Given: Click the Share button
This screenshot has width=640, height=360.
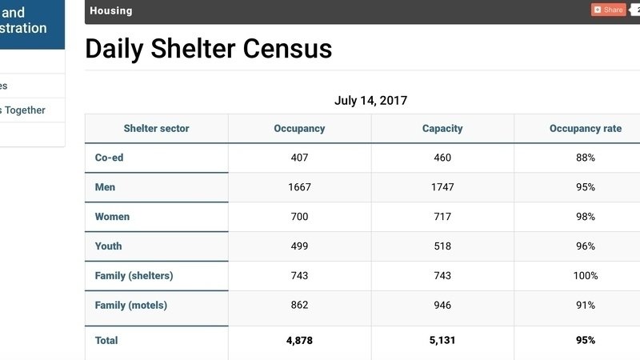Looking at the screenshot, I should pos(608,10).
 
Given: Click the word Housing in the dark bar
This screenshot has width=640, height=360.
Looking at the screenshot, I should pos(111,10).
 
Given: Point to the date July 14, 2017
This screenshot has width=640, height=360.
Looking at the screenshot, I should pos(370,101).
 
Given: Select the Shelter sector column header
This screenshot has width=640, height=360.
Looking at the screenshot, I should pos(156,128).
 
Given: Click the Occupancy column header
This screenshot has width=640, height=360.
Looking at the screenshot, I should pos(299,128).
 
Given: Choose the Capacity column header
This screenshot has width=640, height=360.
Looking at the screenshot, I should pos(442,128).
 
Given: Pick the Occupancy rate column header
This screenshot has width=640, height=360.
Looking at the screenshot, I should pos(585,128).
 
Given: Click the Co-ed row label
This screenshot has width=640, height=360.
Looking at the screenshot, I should pos(109,158).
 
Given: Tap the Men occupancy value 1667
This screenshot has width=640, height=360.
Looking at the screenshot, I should pos(299,187).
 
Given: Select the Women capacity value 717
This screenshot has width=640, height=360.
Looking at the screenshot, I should pos(442,217).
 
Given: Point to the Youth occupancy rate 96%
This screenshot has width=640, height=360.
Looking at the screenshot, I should pos(585,246).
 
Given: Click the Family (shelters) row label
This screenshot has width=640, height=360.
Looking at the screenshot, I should pos(134,276).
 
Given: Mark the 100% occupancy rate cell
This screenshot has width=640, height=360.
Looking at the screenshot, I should pos(585,276).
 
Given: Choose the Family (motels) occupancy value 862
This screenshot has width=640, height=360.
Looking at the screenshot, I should pos(299,305).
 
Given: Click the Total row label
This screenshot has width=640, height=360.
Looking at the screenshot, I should pos(106,340).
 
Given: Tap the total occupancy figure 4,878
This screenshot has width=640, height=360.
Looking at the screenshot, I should pos(299,340).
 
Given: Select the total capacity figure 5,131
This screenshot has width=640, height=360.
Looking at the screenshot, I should pos(442,340).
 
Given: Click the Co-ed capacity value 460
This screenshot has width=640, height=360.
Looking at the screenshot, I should pos(442,158).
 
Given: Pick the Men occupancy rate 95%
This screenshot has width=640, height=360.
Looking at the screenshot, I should pos(585,187).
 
